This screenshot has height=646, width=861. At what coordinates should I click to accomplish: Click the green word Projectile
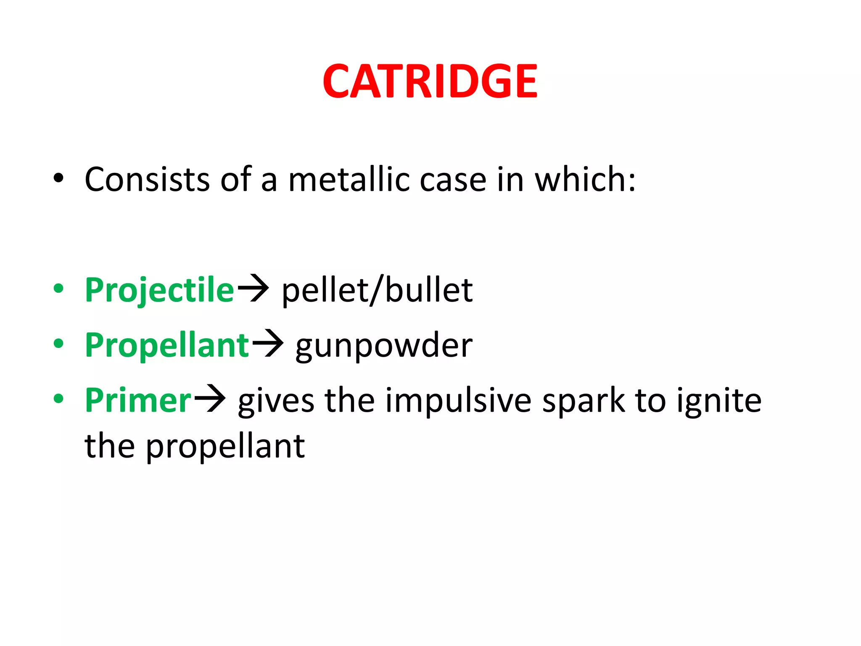tap(159, 290)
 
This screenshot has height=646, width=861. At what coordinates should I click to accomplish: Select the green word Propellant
tap(167, 345)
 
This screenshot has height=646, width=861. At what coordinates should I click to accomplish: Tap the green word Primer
tap(138, 400)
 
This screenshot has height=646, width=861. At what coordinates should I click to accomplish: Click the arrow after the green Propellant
tap(268, 344)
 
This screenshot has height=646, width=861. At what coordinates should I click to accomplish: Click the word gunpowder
tap(384, 346)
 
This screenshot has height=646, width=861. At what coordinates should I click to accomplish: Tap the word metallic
tap(349, 180)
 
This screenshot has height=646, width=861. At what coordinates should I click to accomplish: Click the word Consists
tap(147, 180)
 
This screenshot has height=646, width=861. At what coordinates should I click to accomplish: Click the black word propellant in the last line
tap(225, 447)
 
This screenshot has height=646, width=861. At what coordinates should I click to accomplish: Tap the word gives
tap(276, 401)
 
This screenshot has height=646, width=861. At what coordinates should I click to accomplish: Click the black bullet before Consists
tap(58, 178)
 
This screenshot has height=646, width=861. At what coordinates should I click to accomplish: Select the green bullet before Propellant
tap(58, 344)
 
